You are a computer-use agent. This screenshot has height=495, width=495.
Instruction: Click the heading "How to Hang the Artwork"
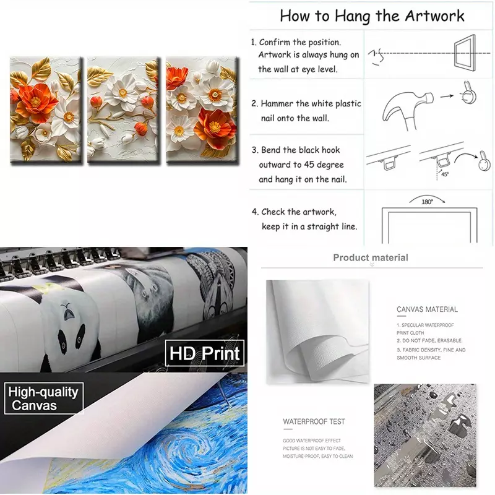(372, 17)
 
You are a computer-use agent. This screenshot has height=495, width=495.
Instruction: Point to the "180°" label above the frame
(427, 202)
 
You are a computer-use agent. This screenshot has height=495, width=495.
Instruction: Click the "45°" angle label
(445, 174)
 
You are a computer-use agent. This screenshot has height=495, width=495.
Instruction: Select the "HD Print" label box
(205, 353)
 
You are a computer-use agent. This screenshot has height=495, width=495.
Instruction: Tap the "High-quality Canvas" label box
(43, 398)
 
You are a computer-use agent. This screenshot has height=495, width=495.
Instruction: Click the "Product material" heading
(371, 257)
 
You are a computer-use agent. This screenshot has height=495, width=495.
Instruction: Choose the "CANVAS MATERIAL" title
(427, 309)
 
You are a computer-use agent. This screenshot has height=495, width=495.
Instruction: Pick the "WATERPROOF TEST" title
(314, 421)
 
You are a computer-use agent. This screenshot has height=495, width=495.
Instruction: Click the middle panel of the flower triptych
(123, 110)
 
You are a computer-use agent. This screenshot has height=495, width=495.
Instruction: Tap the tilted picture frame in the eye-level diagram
(465, 51)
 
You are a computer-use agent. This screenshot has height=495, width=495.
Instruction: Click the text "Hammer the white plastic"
(311, 103)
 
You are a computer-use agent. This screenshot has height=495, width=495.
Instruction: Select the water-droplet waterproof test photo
(425, 436)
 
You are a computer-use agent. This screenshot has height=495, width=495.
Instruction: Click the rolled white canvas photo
(317, 332)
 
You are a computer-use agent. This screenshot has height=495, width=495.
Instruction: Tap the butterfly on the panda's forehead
(67, 312)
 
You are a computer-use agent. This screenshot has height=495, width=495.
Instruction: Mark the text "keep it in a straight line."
(309, 226)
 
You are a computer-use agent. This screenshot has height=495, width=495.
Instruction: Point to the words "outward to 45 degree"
(301, 165)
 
